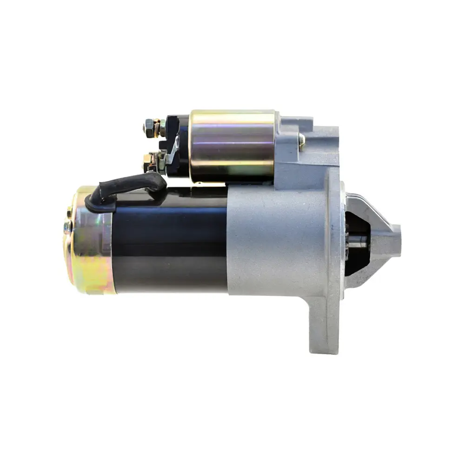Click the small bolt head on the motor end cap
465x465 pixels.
(68, 227)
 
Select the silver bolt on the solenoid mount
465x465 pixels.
(301, 139)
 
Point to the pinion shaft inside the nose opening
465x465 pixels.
(358, 239)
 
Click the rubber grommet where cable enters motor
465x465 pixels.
(100, 200)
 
